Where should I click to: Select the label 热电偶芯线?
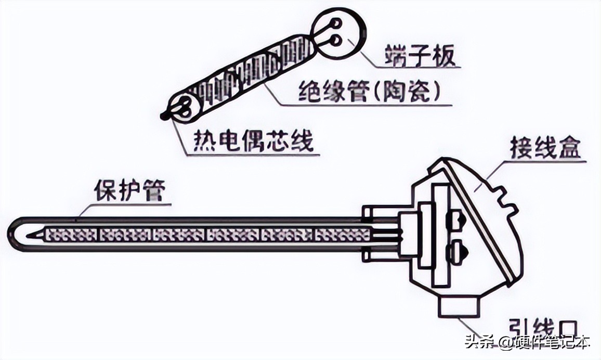(254, 140)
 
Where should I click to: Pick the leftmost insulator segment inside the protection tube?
(70, 235)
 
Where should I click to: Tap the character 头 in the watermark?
(472, 343)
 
